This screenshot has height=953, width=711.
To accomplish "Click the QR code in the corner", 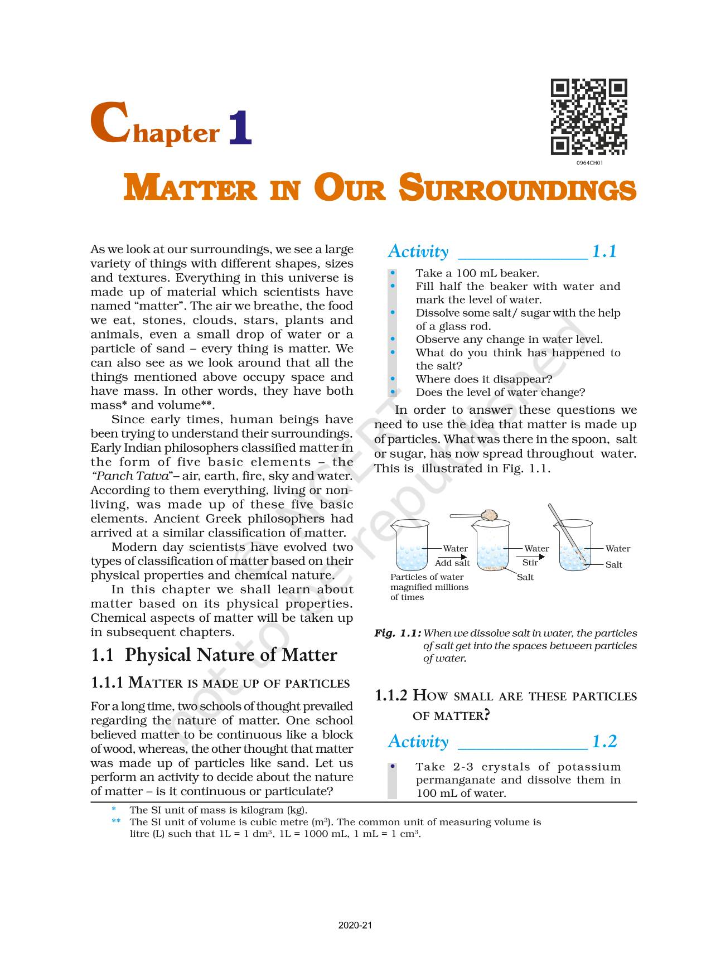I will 589,117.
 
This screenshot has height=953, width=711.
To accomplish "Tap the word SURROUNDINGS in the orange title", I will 517,188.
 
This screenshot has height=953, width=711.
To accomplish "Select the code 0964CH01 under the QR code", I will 589,163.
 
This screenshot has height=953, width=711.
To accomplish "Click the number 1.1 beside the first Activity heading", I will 604,251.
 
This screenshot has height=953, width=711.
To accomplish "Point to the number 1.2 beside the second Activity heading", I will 604,742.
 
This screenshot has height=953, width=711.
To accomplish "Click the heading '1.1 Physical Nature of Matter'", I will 214,655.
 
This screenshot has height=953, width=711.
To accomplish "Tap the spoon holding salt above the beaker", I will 474,515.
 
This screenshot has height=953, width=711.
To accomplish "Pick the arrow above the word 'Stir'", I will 530,556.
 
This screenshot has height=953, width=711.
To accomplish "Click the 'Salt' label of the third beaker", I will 613,565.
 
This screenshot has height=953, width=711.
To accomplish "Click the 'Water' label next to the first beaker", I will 455,549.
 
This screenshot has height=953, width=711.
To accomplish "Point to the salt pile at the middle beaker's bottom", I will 492,568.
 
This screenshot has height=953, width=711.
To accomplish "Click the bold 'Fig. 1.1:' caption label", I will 397,633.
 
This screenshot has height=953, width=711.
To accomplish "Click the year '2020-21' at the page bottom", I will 355,926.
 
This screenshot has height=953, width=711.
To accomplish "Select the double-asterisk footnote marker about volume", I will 115,822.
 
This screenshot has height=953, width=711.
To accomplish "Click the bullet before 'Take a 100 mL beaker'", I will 393,273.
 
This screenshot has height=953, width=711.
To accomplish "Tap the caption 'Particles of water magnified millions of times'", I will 428,587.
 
